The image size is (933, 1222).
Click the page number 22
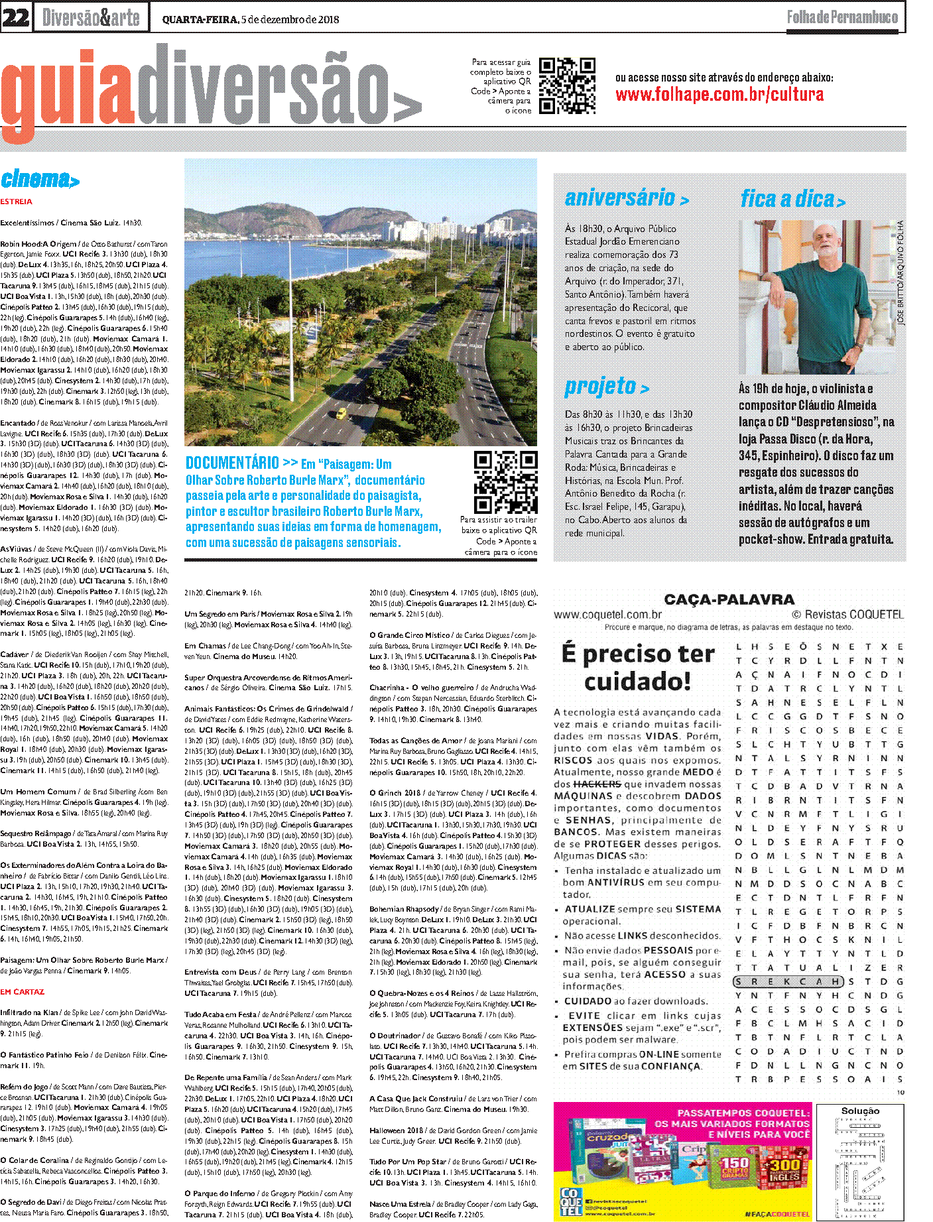point(16,17)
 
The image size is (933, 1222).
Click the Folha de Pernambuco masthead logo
point(842,17)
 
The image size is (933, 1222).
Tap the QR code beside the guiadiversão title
point(566,86)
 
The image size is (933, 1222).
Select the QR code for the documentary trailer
point(505,482)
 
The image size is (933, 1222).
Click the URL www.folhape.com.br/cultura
point(719,95)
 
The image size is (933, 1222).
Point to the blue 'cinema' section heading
point(40,179)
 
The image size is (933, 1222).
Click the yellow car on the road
point(341,414)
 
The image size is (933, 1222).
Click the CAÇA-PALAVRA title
point(729,599)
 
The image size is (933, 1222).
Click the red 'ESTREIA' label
point(17,202)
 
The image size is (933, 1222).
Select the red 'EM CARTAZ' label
point(23,992)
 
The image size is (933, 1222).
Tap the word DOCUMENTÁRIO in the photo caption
point(232,463)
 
